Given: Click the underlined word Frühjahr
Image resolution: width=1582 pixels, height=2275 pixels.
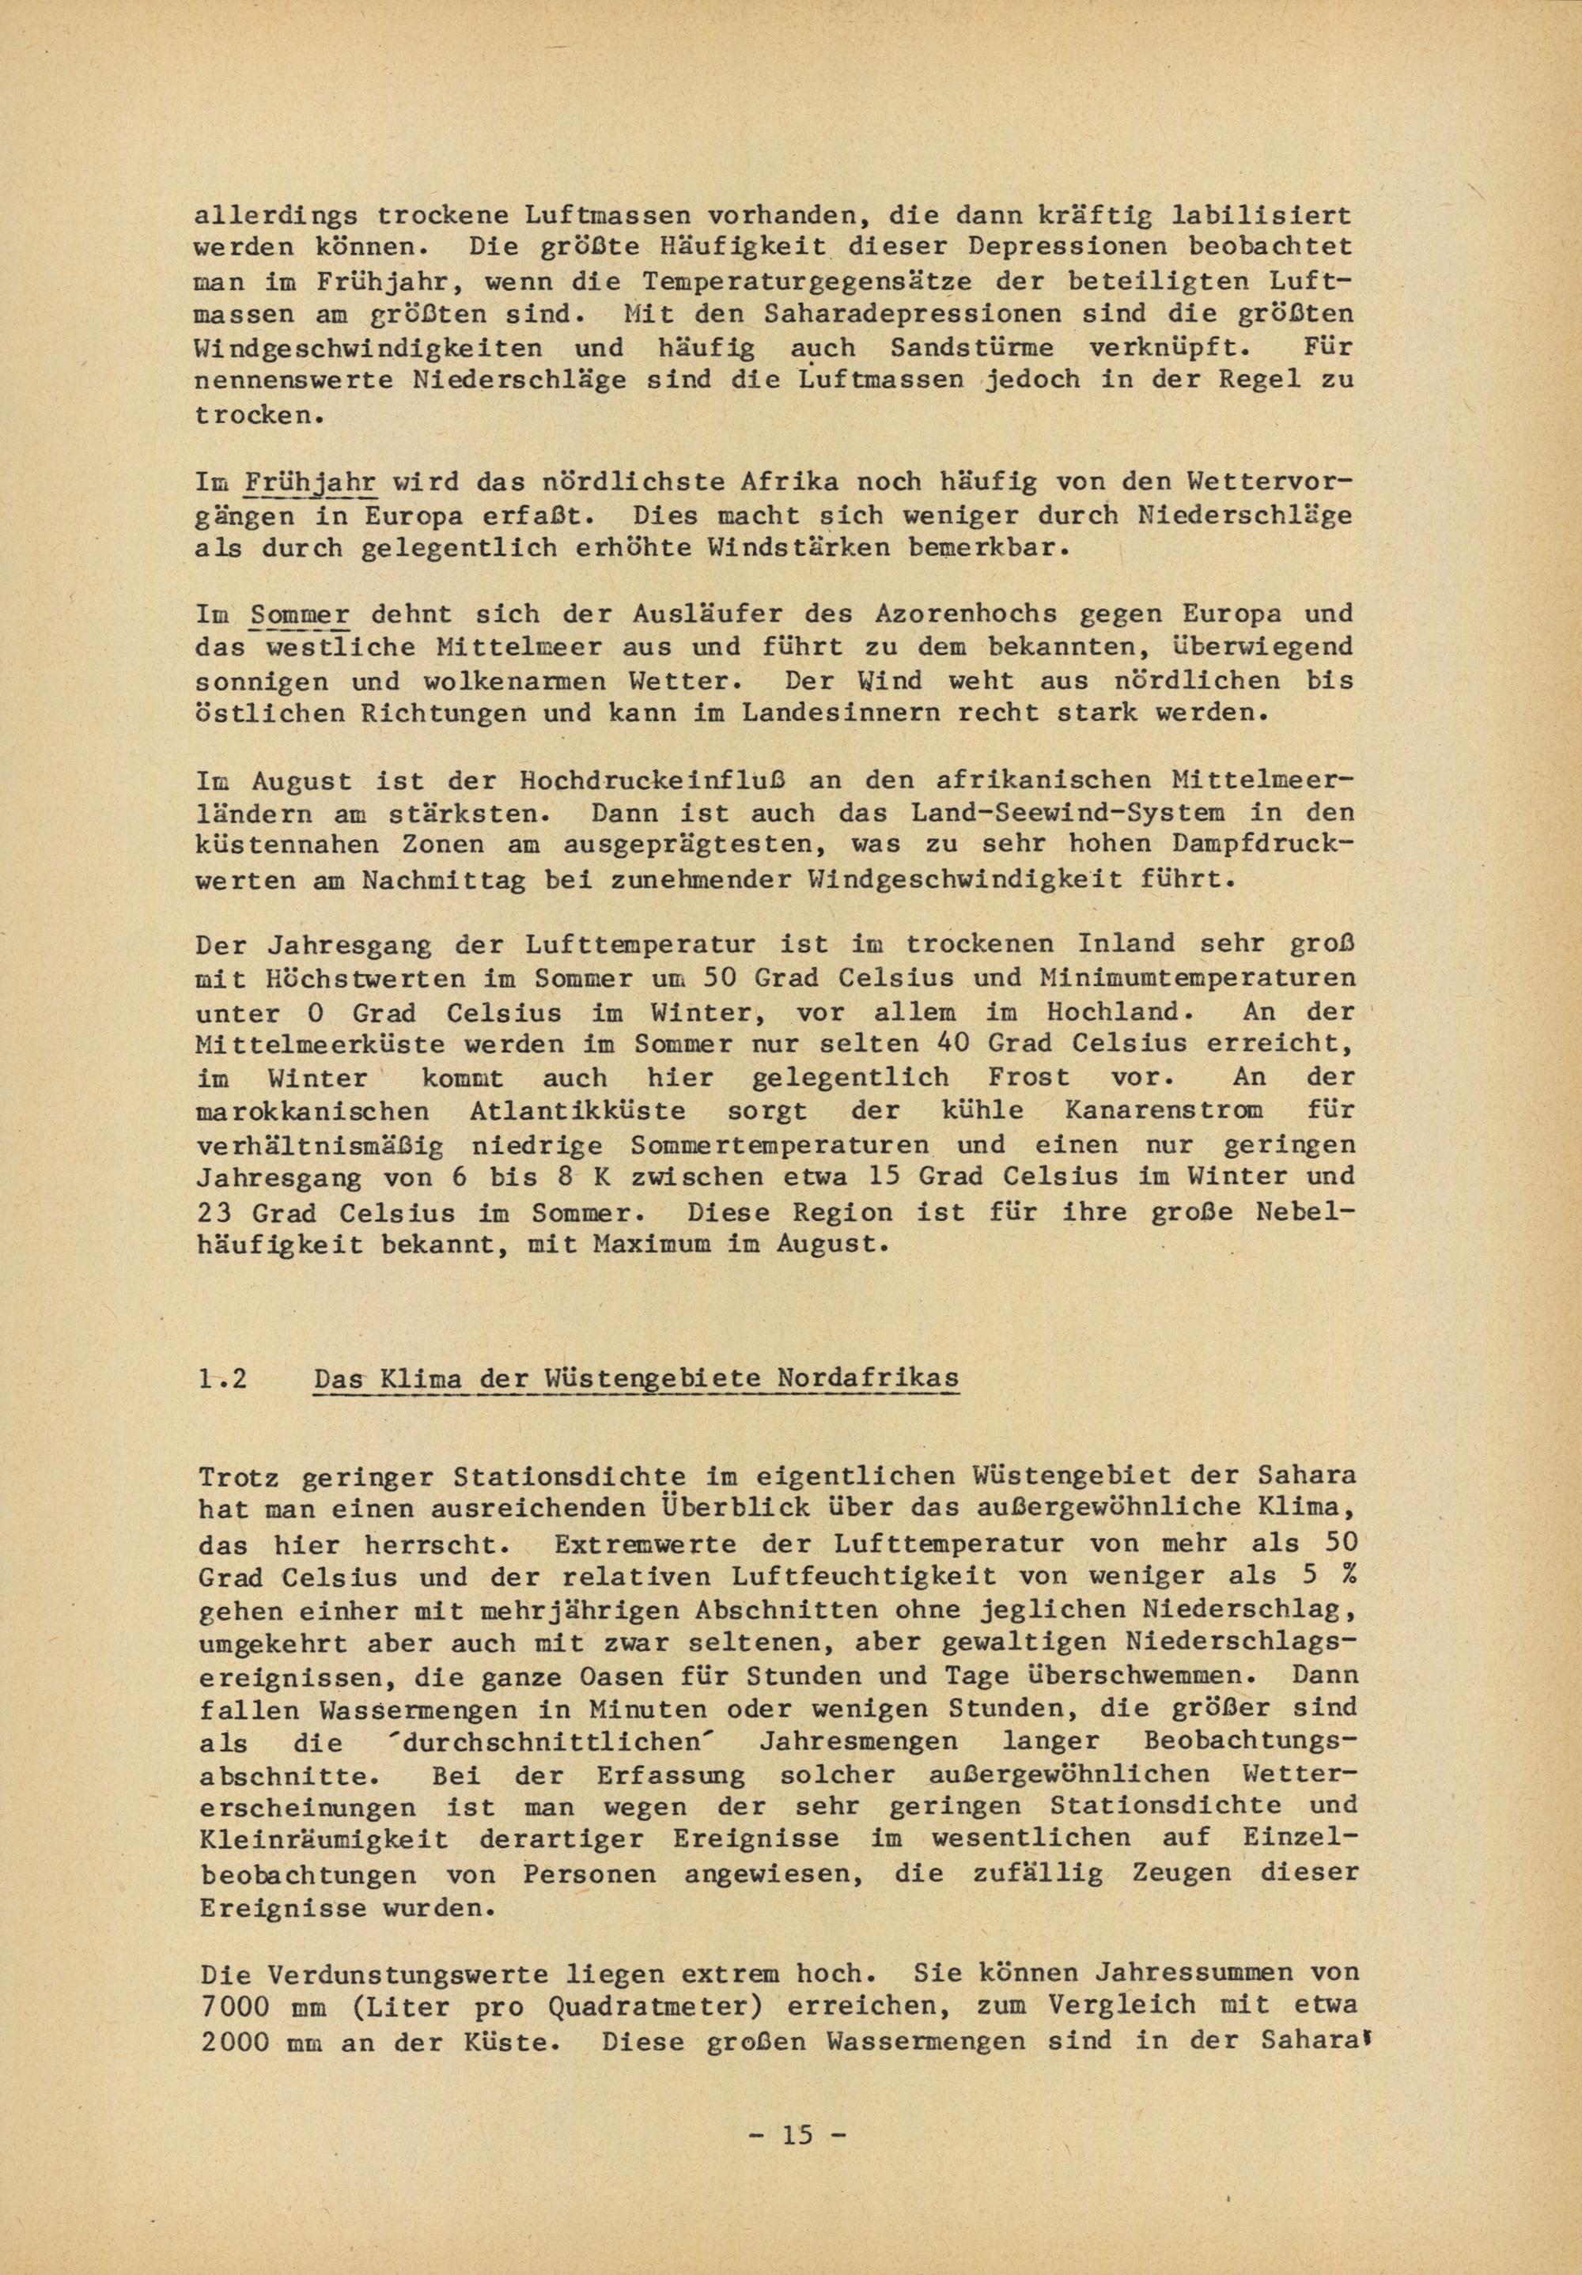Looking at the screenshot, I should (310, 482).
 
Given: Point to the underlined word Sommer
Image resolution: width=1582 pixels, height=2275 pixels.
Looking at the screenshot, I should (301, 614).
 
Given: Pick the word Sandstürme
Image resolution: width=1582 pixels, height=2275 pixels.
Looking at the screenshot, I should (971, 348).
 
